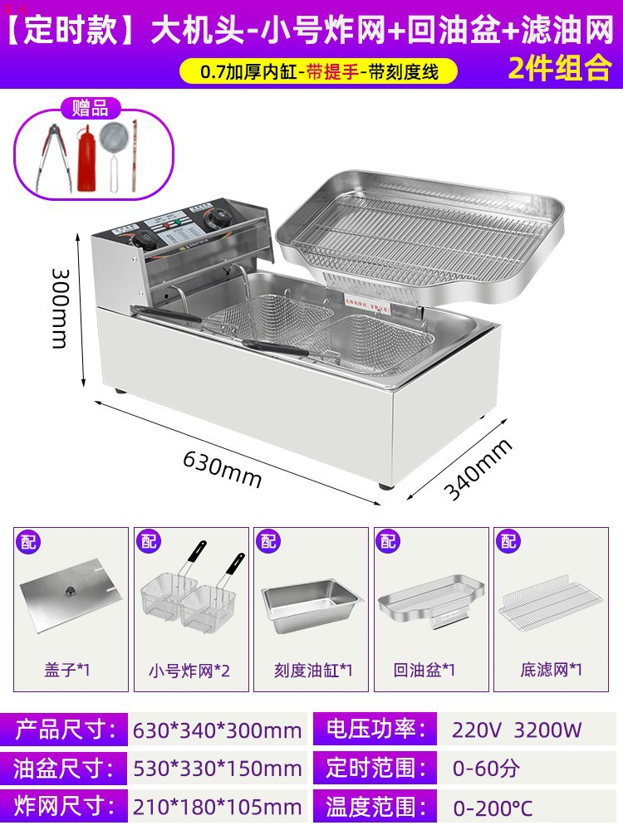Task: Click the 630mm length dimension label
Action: (222, 470)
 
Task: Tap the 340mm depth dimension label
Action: (477, 470)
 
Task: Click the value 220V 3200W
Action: (517, 730)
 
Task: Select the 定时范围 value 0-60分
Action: (486, 768)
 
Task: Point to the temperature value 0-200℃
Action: (493, 806)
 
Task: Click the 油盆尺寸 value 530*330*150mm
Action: (217, 768)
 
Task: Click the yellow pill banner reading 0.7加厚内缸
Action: (318, 71)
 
